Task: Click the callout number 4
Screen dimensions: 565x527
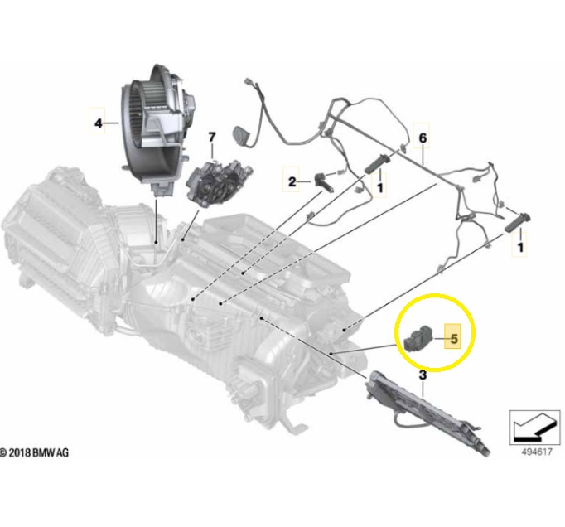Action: (99, 123)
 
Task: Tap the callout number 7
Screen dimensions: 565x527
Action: (212, 138)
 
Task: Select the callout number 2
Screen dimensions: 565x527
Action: (292, 181)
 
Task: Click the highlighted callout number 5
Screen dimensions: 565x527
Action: (454, 339)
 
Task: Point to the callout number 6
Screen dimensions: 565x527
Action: (423, 138)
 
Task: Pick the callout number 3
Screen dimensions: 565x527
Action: (423, 375)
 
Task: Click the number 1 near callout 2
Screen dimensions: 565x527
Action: (379, 187)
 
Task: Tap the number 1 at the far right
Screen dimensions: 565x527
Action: (520, 247)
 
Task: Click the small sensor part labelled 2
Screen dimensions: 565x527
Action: (324, 181)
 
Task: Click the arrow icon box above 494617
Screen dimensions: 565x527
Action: (534, 428)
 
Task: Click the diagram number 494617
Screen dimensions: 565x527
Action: (537, 452)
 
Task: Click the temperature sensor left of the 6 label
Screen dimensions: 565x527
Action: (378, 163)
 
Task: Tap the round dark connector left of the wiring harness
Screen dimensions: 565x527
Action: (240, 135)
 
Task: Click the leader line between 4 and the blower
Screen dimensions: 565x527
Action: (112, 123)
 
